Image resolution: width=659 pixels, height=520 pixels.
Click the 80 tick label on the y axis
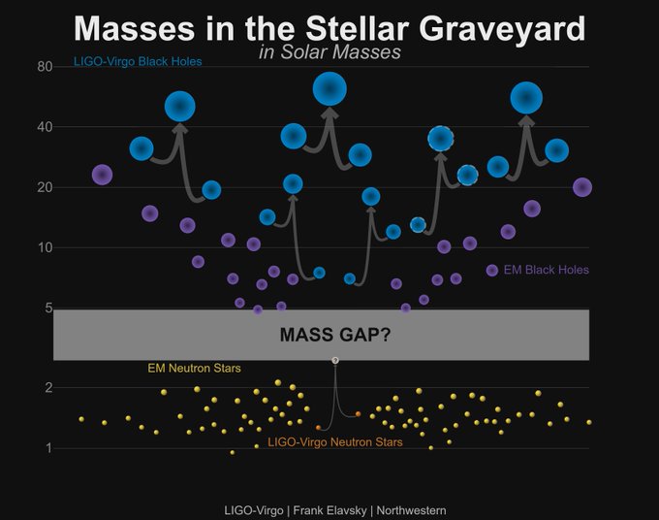[45, 67]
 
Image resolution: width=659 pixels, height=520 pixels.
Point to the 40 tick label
[45, 127]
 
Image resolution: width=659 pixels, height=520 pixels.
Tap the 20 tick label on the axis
[45, 187]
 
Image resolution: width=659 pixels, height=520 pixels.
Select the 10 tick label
[45, 247]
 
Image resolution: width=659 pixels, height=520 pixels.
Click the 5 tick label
[48, 308]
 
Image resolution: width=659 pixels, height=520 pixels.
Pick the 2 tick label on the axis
[48, 387]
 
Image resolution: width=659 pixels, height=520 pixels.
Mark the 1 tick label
[48, 448]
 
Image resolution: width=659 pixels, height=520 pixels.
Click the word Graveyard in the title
[502, 28]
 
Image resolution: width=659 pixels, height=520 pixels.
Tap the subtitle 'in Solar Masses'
[329, 52]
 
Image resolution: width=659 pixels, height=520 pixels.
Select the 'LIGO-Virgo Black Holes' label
[138, 61]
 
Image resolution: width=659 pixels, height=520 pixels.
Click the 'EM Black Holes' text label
[546, 270]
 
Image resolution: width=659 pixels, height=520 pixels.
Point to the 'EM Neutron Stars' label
[194, 368]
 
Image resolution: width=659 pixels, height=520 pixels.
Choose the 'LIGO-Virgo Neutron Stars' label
[335, 442]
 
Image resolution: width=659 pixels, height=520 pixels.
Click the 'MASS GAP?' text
[335, 335]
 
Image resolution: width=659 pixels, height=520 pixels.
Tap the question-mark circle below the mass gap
[335, 361]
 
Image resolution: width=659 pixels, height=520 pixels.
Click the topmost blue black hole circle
[329, 89]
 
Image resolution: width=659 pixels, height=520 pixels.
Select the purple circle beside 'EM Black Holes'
[491, 270]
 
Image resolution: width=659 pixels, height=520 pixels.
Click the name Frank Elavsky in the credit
[329, 510]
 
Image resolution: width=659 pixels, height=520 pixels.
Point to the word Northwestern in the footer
[411, 510]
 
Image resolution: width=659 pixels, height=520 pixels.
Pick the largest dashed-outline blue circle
[440, 139]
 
